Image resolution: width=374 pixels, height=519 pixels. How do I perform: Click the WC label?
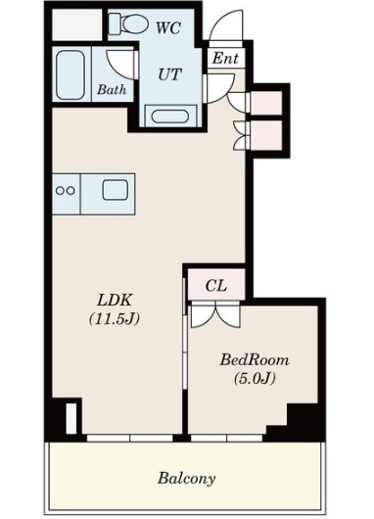point(168,27)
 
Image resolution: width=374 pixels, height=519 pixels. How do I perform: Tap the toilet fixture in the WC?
point(128,24)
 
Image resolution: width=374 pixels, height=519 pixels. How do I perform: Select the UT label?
point(169,74)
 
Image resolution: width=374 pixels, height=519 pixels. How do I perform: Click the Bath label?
point(112,89)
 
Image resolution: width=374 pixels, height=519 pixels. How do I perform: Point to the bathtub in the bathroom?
point(70,74)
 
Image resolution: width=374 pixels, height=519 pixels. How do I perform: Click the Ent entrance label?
point(225,58)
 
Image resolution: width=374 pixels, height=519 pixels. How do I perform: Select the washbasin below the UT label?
point(170,117)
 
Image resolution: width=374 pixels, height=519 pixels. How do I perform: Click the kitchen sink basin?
point(115,190)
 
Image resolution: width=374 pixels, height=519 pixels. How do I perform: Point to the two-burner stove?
point(66,191)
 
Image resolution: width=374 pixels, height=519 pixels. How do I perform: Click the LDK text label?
point(115,301)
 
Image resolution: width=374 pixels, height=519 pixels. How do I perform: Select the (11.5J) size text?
point(115,319)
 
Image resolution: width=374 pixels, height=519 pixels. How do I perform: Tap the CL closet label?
point(216,286)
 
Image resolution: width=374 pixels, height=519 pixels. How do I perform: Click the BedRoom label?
point(255,359)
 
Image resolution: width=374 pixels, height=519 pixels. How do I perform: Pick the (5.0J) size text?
point(255,378)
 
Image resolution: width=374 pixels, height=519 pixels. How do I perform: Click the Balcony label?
point(186,479)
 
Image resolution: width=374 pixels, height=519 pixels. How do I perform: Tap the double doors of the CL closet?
point(215,314)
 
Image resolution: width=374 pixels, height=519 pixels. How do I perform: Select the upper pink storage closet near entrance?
point(266,103)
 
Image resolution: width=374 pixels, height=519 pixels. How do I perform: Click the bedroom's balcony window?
point(227,439)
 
